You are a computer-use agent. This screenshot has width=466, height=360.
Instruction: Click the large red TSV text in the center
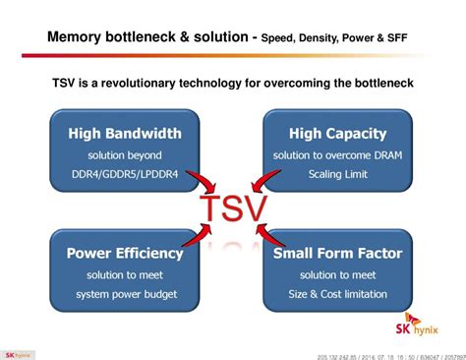pos(232,209)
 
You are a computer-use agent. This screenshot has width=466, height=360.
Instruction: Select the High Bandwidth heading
pos(123,132)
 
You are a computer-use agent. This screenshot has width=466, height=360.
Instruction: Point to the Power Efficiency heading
pos(123,253)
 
